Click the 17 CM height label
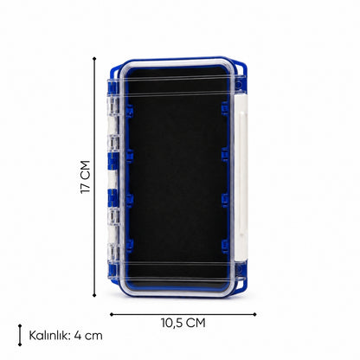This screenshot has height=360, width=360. click(x=86, y=177)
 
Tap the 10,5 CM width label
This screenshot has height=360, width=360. click(x=183, y=323)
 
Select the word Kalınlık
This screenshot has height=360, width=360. click(x=49, y=336)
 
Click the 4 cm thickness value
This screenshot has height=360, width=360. click(x=88, y=336)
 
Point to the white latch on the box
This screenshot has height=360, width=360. click(x=241, y=177)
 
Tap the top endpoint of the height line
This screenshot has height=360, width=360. click(x=94, y=59)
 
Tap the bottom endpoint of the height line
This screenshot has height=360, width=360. click(x=94, y=295)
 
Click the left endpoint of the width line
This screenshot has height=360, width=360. click(x=112, y=314)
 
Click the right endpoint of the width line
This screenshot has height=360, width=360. click(x=254, y=314)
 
